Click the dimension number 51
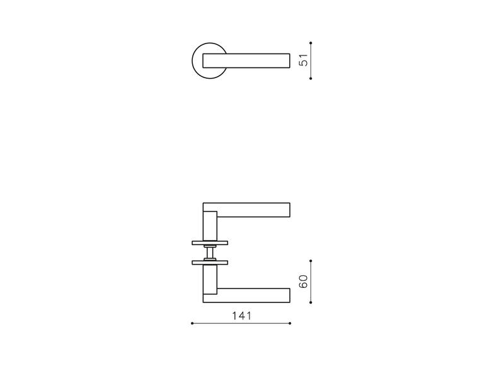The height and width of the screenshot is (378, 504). tap(304, 60)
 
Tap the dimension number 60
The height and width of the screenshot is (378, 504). tap(304, 282)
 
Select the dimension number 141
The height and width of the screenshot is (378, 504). tap(242, 316)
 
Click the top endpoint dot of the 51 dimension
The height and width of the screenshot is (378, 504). tap(311, 43)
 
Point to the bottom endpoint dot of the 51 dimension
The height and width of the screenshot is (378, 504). tap(311, 78)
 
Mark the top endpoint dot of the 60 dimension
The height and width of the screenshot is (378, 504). tap(311, 261)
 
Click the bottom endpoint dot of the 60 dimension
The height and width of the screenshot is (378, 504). tap(311, 302)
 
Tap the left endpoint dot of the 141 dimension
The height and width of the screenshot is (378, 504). tap(192, 323)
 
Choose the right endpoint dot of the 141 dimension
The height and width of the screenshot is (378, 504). tap(290, 323)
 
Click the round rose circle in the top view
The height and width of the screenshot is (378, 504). tap(193, 60)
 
